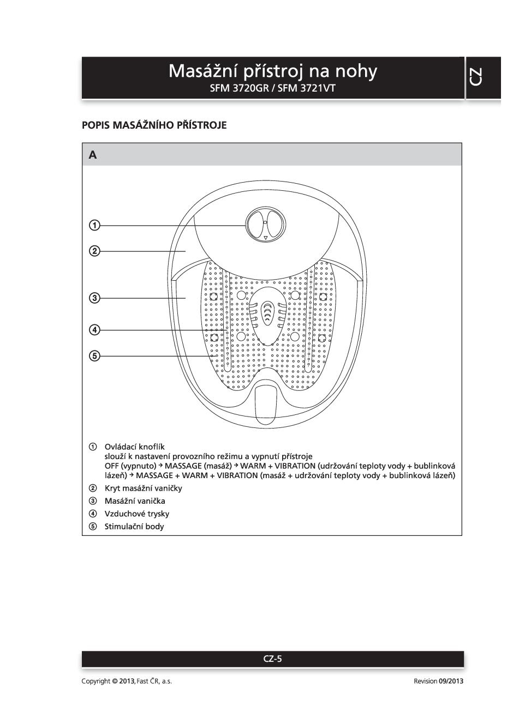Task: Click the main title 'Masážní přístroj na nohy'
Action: point(272,71)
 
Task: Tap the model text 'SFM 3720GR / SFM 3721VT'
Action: point(272,88)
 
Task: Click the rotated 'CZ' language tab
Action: point(475,77)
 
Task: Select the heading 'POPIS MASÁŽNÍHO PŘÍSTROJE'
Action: point(154,125)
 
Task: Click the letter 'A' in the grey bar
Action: point(93,155)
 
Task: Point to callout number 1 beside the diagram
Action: point(94,225)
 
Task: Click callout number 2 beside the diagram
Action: point(94,251)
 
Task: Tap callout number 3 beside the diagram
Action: point(94,298)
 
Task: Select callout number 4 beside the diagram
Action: point(94,329)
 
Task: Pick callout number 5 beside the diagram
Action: point(94,356)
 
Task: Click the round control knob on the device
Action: point(265,223)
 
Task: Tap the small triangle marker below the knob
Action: point(266,238)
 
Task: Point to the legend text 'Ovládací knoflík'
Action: point(134,447)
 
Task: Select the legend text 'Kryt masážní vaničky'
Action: point(143,488)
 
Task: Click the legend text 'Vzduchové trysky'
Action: point(136,514)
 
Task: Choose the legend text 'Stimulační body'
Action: point(134,526)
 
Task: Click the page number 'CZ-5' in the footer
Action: point(272,659)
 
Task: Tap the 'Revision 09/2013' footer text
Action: point(438,681)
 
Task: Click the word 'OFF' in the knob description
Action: point(111,466)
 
